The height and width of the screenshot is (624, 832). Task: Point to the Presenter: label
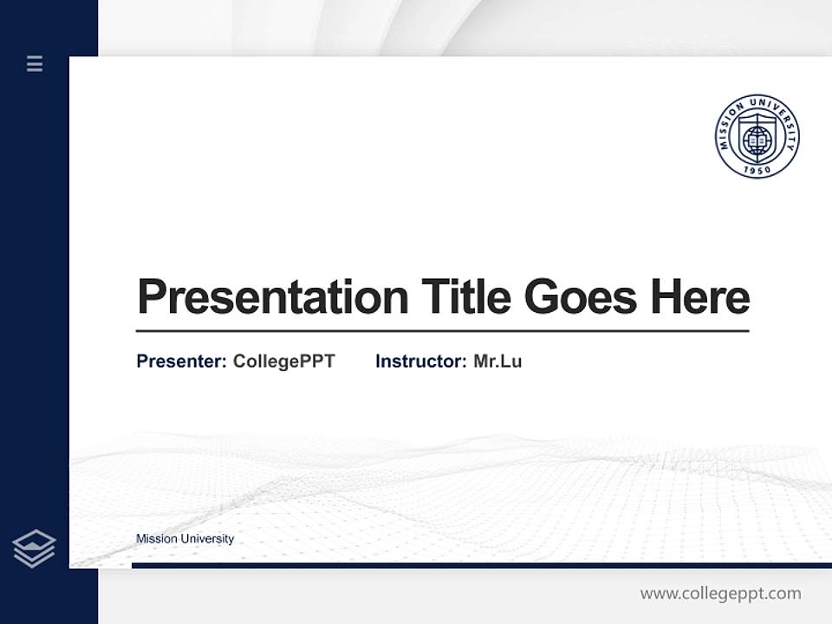point(181,361)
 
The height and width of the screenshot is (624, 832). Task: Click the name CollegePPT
point(283,361)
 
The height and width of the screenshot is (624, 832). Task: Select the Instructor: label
point(420,361)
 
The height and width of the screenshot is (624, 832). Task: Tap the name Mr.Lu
point(497,361)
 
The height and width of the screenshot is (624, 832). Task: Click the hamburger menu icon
point(35,63)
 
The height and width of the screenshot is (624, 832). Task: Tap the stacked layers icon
point(35,549)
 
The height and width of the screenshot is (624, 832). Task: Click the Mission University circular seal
point(757,137)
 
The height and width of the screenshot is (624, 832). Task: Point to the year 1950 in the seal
point(757,169)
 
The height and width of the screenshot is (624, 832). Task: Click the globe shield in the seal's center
point(757,138)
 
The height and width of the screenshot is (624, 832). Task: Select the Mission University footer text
point(185,539)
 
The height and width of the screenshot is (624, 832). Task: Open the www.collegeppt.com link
point(720,594)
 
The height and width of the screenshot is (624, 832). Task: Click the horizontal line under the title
point(442,330)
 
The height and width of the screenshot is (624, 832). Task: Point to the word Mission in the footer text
point(156,539)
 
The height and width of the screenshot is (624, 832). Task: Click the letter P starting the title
point(151,297)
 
